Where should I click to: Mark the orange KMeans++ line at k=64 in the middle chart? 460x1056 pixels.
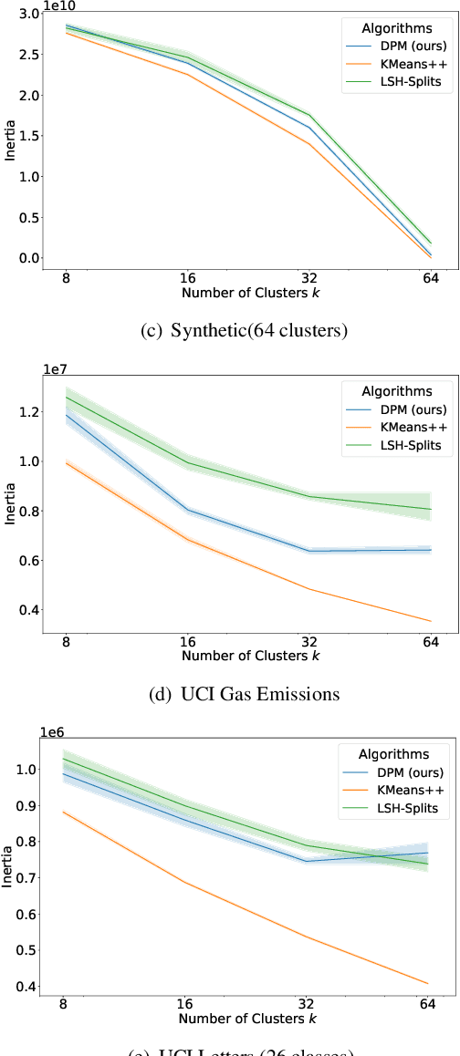click(430, 621)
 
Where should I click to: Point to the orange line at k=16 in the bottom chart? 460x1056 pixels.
click(186, 882)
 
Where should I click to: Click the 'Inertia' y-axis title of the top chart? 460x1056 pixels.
click(10, 140)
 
